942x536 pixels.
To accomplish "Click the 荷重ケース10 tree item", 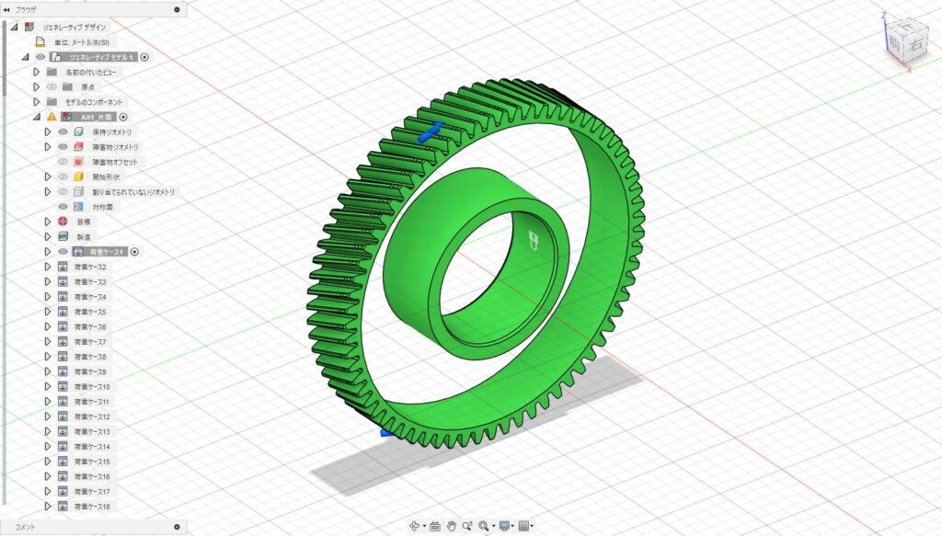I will coord(92,386).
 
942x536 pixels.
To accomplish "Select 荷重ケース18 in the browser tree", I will coord(92,507).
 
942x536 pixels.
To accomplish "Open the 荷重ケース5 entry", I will coord(90,312).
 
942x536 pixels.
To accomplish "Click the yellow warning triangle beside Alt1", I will coord(52,117).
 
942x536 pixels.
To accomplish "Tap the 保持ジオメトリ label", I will coord(112,131).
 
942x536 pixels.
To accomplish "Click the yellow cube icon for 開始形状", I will coord(79,177).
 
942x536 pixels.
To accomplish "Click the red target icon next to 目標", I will coord(63,222).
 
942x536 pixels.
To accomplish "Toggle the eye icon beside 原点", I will coord(52,86).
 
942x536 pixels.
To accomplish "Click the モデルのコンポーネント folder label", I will coord(94,101).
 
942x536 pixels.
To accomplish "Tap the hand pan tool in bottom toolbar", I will coord(452,526).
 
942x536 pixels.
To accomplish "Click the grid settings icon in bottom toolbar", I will coord(523,526).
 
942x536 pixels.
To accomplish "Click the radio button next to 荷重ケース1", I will coord(134,251).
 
